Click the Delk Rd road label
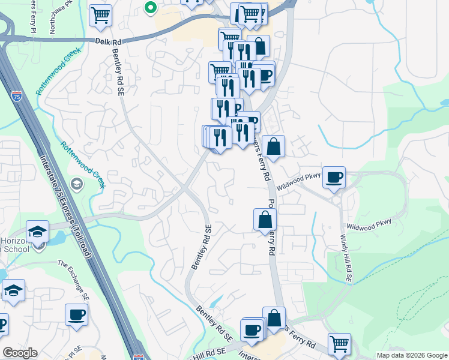click(109, 41)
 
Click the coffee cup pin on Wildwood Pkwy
click(334, 177)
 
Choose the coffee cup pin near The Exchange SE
click(76, 314)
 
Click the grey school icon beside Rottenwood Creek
click(77, 183)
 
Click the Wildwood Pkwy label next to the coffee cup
click(295, 179)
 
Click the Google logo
click(20, 353)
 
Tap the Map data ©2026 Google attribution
click(411, 355)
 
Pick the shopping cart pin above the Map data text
click(339, 344)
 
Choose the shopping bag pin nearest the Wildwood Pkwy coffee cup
click(273, 147)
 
